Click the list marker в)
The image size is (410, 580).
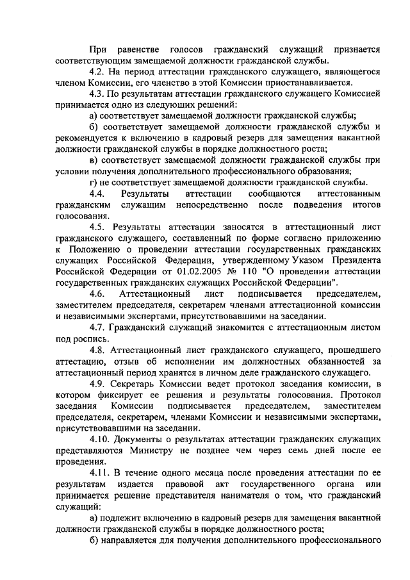pyautogui.click(x=94, y=160)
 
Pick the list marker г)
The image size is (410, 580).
pyautogui.click(x=93, y=183)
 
